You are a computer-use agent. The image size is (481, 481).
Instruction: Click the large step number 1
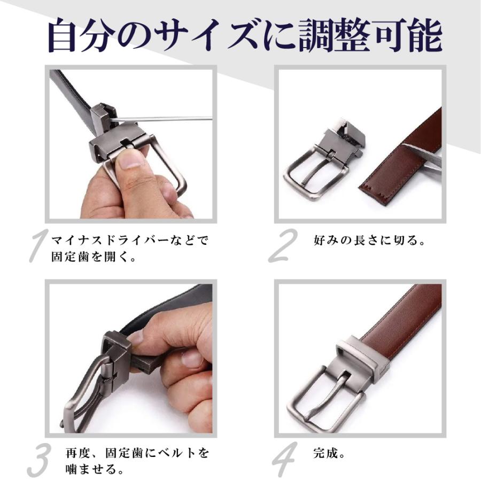(x=38, y=245)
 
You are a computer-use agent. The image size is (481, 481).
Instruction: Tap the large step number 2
(x=283, y=245)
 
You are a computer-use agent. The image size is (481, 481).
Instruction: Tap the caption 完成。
(x=329, y=453)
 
